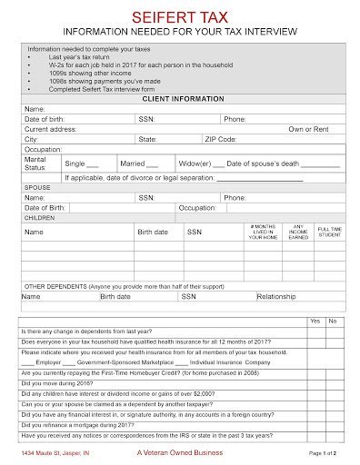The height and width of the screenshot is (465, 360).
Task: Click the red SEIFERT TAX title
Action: (179, 16)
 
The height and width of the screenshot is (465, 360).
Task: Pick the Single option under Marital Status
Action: (83, 163)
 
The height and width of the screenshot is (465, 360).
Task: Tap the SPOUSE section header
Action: (37, 188)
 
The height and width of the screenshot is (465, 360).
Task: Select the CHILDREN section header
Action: (40, 219)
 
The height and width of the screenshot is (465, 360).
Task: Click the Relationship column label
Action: (276, 296)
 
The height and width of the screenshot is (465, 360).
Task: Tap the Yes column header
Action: (315, 322)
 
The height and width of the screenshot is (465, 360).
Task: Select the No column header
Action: (332, 322)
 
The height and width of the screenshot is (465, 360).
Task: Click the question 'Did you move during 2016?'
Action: (58, 383)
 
